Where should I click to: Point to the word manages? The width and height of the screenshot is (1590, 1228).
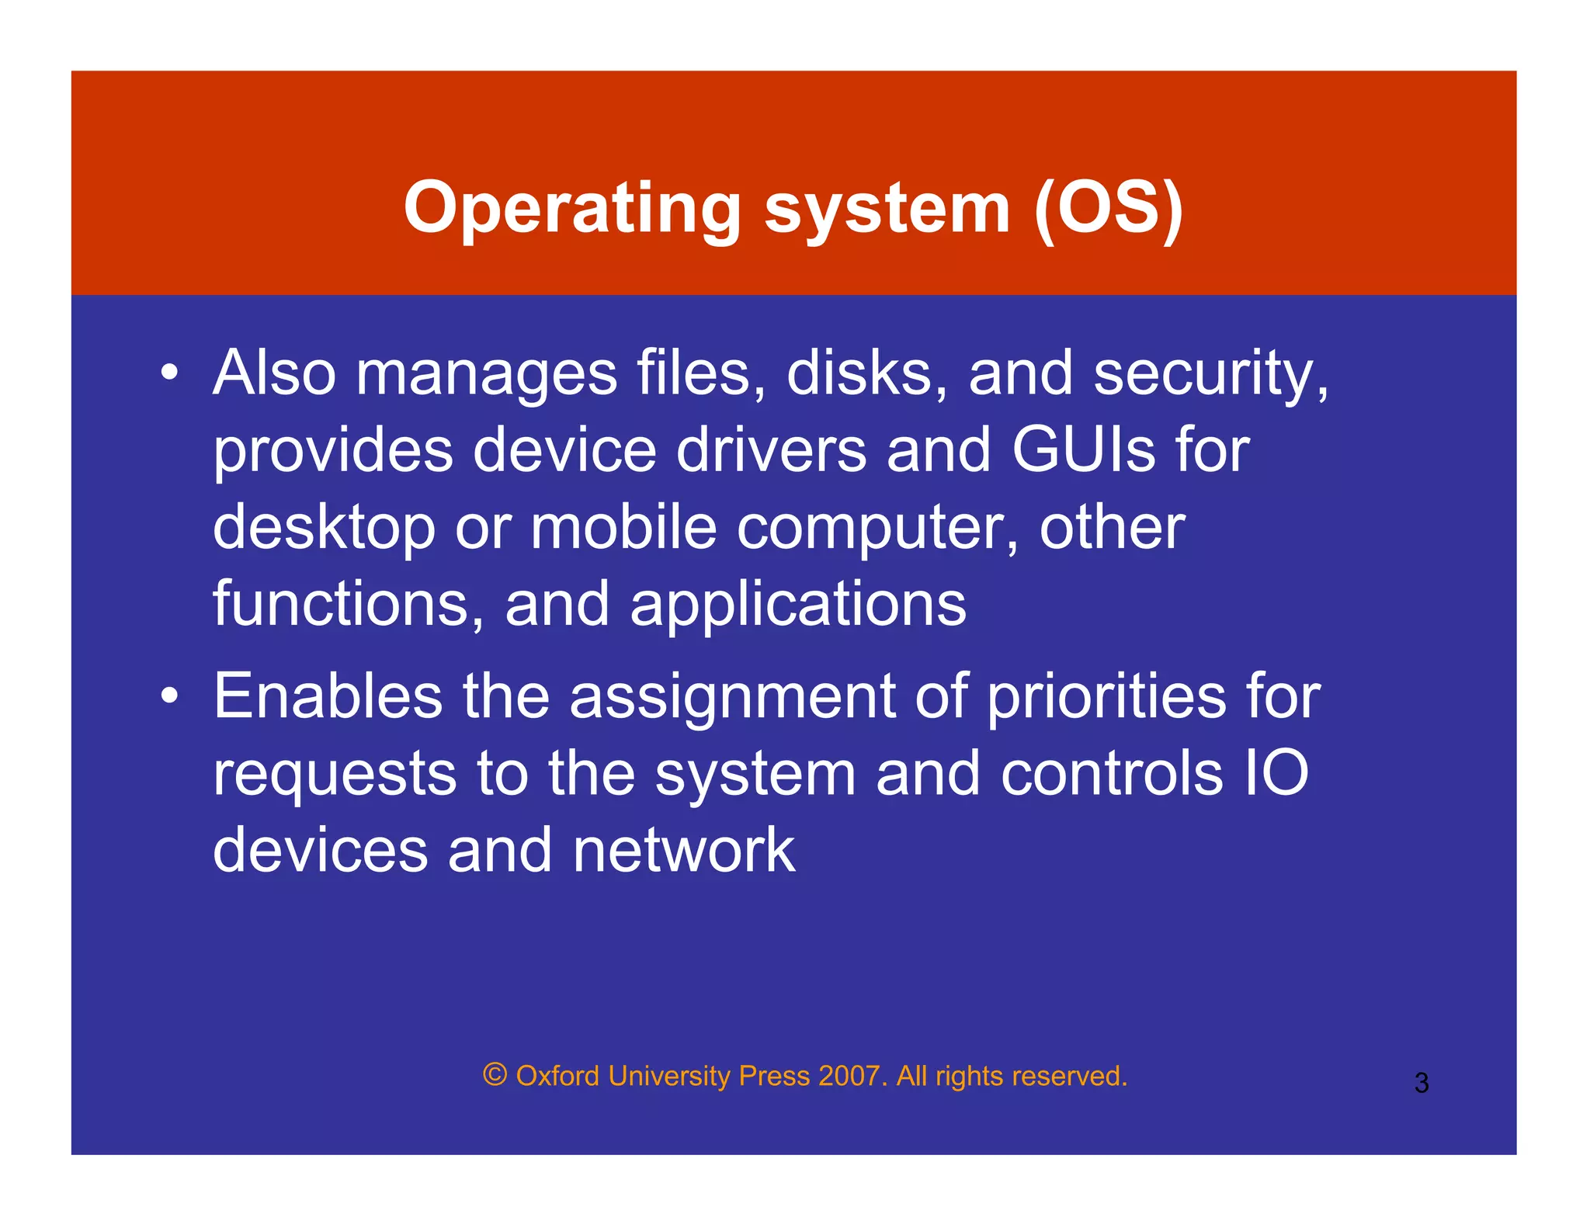pyautogui.click(x=486, y=375)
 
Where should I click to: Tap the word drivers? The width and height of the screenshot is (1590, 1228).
pyautogui.click(x=770, y=450)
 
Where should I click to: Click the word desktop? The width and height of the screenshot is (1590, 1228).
pyautogui.click(x=324, y=529)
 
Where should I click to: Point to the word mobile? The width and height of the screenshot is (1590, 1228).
pyautogui.click(x=623, y=527)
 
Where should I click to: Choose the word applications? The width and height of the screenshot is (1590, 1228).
pyautogui.click(x=798, y=605)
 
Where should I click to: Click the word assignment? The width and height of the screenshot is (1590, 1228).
pyautogui.click(x=732, y=697)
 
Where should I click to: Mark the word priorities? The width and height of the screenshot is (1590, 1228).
pyautogui.click(x=1106, y=697)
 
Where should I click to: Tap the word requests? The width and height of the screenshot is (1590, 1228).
pyautogui.click(x=335, y=775)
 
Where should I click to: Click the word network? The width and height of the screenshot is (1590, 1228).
pyautogui.click(x=683, y=850)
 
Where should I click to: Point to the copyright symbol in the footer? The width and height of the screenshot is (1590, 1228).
pyautogui.click(x=495, y=1075)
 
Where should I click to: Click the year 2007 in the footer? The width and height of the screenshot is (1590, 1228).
pyautogui.click(x=849, y=1076)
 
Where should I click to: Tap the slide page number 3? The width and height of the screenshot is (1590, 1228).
pyautogui.click(x=1421, y=1083)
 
